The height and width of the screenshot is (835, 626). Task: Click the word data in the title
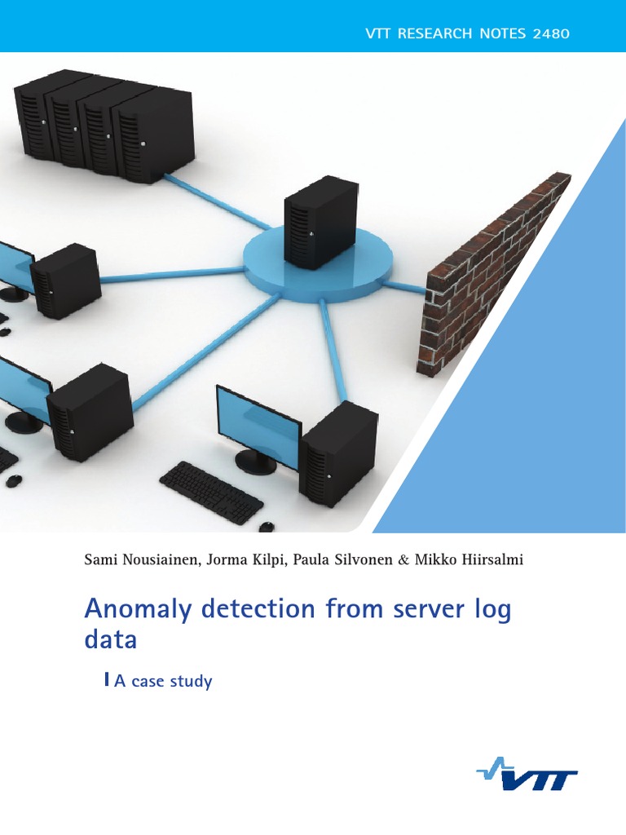click(111, 640)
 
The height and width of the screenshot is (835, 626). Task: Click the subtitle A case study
click(162, 681)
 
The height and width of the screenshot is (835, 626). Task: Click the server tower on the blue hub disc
click(320, 223)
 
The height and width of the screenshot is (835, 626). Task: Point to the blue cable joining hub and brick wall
click(404, 286)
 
